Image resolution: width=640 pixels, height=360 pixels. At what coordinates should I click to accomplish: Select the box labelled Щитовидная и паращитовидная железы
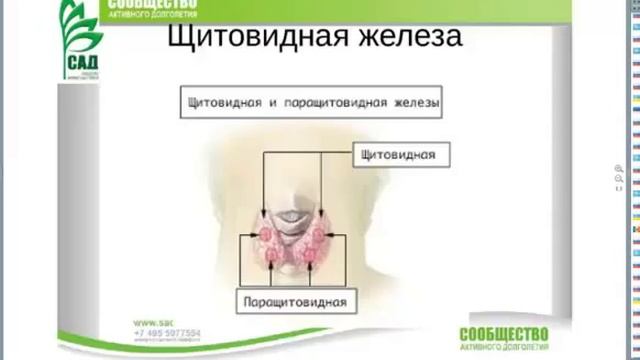pos(312,102)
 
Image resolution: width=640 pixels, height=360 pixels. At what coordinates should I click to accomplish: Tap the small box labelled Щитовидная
pos(401,155)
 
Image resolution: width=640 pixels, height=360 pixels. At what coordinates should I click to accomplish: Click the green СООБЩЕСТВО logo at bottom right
pos(505,334)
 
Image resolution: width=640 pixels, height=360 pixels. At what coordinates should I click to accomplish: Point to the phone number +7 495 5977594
pos(165,333)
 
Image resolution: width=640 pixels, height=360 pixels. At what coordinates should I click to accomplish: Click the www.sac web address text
pos(153,322)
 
